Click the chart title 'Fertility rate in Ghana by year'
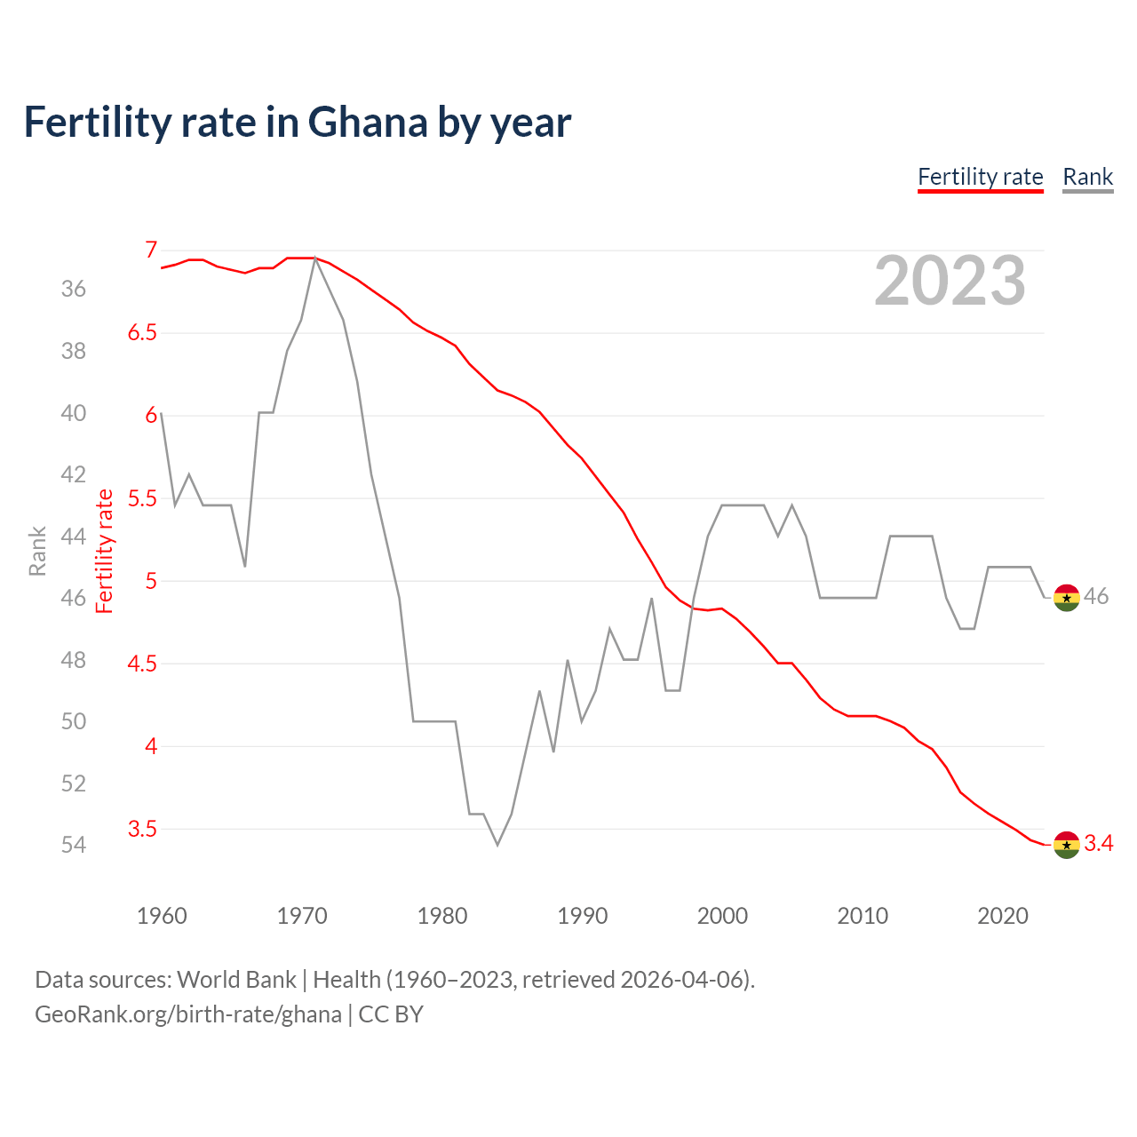[x=297, y=123]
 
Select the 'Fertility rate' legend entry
[x=980, y=177]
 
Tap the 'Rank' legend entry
[x=1087, y=177]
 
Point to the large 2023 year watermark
[x=950, y=281]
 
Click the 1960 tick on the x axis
[x=162, y=916]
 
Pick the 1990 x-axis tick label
[x=582, y=916]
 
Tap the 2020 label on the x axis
[x=1002, y=916]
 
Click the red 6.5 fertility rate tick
[x=142, y=333]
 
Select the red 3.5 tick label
[x=142, y=829]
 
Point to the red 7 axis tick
[x=151, y=250]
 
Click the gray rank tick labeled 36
[x=74, y=290]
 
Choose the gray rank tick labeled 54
[x=74, y=845]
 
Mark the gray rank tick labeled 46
[x=74, y=598]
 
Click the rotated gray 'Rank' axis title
[x=37, y=551]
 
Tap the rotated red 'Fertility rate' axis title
[x=105, y=551]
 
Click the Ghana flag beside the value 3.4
[x=1066, y=845]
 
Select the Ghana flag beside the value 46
[x=1066, y=598]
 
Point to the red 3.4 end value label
[x=1099, y=844]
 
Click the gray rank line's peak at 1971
[x=315, y=258]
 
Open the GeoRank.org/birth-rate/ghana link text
[x=188, y=1014]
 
